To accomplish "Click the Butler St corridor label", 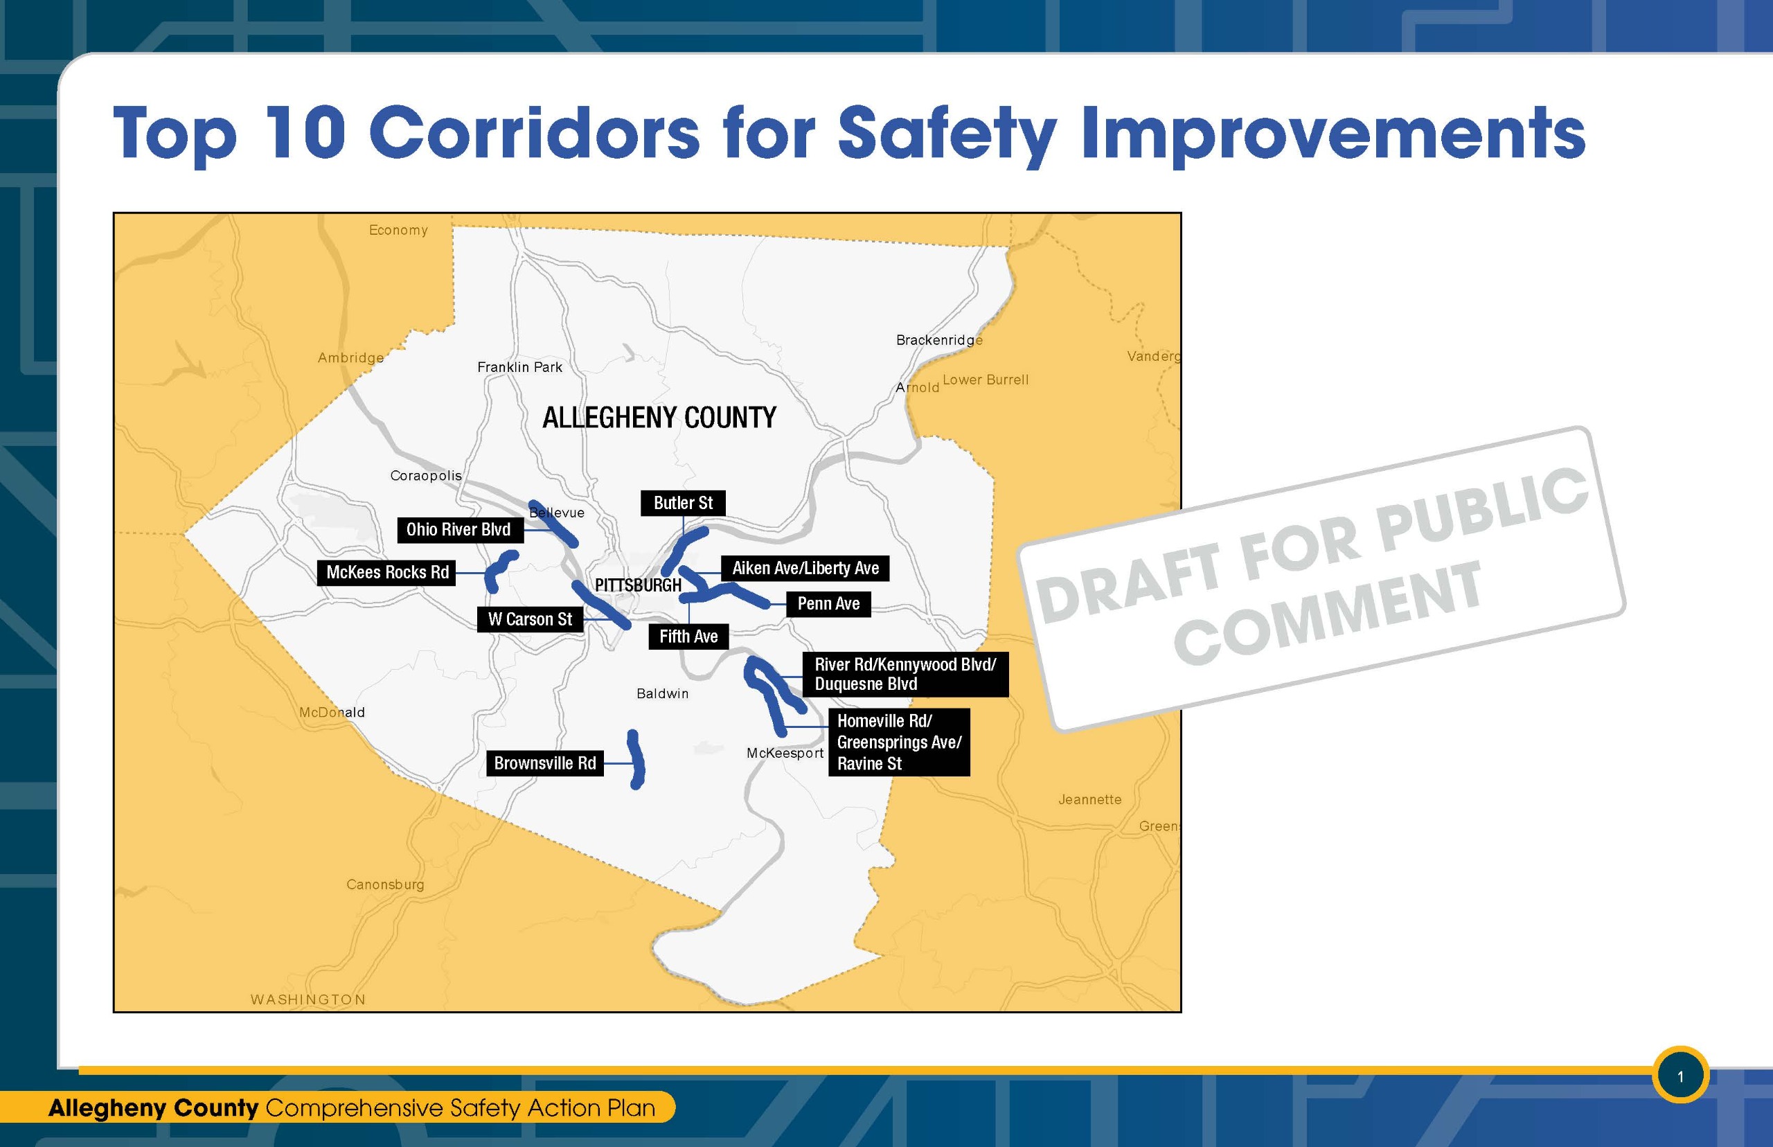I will click(683, 503).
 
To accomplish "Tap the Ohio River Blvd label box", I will click(458, 530).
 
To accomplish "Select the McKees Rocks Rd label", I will click(387, 572).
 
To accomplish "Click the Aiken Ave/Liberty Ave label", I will click(805, 568).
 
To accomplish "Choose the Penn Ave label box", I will click(828, 603).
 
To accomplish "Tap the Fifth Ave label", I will click(688, 636).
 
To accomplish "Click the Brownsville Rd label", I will click(544, 763).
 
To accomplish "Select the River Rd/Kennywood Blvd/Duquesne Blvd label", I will click(905, 674).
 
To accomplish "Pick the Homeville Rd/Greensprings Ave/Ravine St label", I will click(899, 742).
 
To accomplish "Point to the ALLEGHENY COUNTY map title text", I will click(659, 418).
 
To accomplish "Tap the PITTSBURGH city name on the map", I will click(638, 585).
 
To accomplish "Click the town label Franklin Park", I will click(519, 367).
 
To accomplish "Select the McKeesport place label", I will click(785, 753).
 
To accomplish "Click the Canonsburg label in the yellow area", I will click(385, 884).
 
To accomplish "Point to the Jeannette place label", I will click(1089, 800).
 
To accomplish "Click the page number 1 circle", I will click(1680, 1076).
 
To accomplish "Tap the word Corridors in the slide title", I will click(534, 134).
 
